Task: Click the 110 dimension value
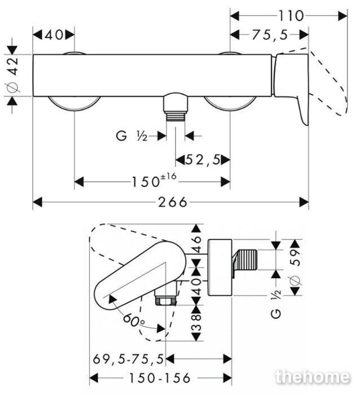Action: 291,16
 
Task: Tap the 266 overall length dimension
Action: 173,202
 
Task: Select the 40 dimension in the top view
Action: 54,35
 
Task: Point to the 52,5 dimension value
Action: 203,160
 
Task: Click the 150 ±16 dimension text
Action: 154,181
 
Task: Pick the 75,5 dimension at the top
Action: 270,35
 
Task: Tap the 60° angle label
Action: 134,320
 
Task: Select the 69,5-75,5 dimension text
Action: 129,359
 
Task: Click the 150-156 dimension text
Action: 160,378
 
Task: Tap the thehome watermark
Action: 313,377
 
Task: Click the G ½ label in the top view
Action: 131,136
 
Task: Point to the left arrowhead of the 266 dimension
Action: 37,202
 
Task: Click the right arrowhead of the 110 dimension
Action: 343,16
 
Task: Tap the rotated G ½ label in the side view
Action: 276,304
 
